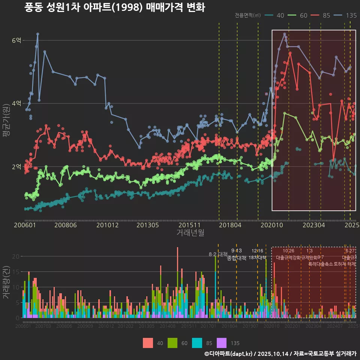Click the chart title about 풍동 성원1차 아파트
[x=115, y=7]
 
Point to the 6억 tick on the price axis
[x=17, y=40]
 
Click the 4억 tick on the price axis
[x=17, y=103]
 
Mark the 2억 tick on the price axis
[x=17, y=167]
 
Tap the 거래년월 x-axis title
[x=190, y=232]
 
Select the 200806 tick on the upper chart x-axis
[x=65, y=225]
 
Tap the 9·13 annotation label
[x=236, y=250]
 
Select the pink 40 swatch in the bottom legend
[x=148, y=343]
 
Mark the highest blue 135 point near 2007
[x=37, y=34]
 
